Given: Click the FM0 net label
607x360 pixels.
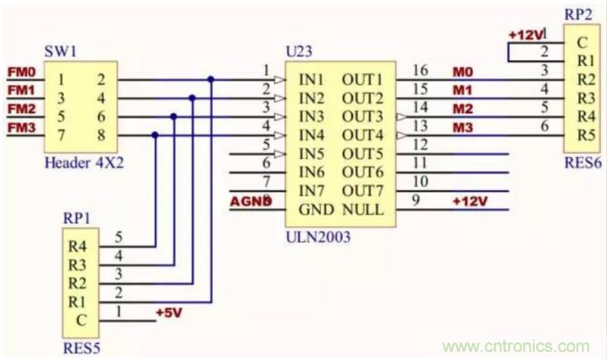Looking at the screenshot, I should click(21, 71).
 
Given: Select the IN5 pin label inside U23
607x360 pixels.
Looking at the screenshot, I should click(312, 154).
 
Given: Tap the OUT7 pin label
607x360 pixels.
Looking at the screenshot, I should click(362, 191).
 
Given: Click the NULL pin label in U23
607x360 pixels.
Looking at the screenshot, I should click(362, 210).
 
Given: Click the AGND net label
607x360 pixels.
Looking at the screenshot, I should click(250, 201).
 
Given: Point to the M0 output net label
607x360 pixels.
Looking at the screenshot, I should click(462, 71).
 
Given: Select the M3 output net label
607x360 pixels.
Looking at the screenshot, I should click(462, 128).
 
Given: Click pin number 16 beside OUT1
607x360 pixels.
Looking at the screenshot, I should click(420, 71).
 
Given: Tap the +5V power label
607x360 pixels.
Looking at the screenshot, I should click(168, 314).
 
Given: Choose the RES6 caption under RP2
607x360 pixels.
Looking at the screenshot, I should click(582, 163).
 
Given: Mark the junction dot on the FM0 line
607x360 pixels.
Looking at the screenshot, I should click(211, 79).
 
